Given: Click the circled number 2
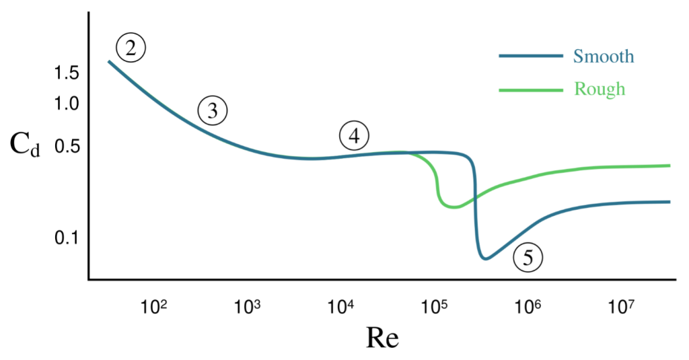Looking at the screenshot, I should click(x=131, y=48).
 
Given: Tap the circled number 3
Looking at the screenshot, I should click(x=213, y=111).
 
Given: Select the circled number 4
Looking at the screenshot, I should click(x=354, y=137).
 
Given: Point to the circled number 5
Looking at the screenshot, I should click(x=528, y=258).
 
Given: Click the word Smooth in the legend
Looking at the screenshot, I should click(x=604, y=56).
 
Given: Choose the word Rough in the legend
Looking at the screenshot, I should click(x=600, y=89).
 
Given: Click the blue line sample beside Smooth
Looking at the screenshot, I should click(x=530, y=57).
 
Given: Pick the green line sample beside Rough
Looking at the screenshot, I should click(x=530, y=90).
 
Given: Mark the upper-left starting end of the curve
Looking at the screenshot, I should click(x=108, y=62).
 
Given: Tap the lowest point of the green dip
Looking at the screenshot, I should click(x=454, y=207).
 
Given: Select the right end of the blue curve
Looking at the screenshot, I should click(x=670, y=201).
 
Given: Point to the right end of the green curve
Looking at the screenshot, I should click(x=670, y=165).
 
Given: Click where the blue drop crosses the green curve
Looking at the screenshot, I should click(x=476, y=196).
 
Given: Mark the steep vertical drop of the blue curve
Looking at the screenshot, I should click(x=476, y=215).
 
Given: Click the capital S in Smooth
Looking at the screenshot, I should click(x=578, y=56).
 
